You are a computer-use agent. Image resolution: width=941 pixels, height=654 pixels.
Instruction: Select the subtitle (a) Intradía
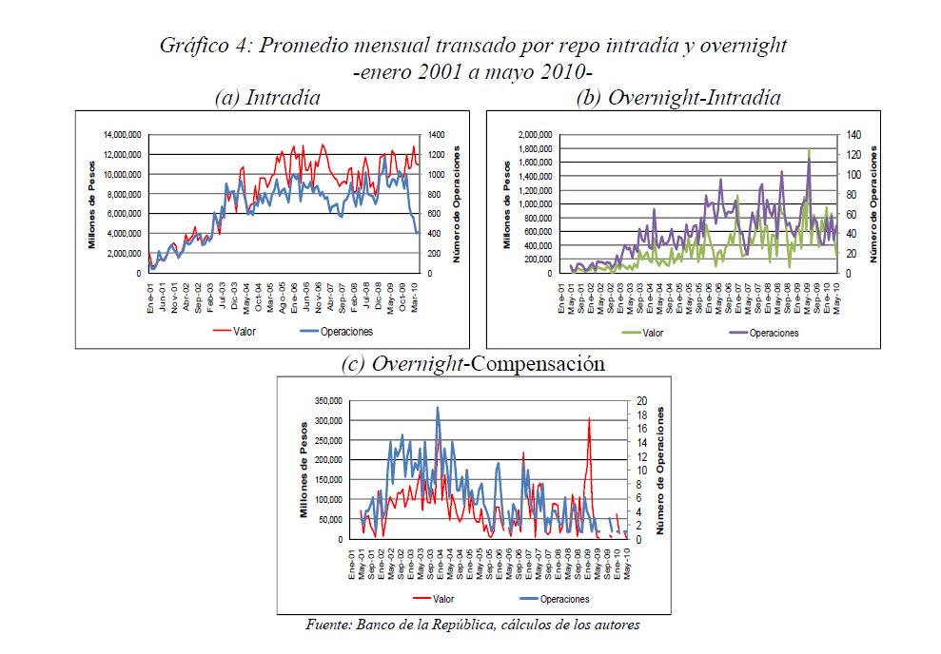[x=267, y=97]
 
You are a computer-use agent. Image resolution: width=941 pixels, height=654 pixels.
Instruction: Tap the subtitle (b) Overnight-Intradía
[x=679, y=97]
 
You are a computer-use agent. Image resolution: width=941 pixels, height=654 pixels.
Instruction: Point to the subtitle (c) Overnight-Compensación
[x=473, y=364]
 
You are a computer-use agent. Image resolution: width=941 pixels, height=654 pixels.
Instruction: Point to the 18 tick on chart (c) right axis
[x=642, y=415]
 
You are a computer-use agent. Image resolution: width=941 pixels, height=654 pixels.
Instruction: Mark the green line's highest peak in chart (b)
[x=809, y=149]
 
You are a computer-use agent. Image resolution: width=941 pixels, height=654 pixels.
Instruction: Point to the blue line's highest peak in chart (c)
[x=438, y=408]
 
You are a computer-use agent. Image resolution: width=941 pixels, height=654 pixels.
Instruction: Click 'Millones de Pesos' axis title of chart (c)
[x=305, y=471]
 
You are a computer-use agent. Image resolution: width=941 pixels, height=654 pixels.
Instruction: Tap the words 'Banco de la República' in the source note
[x=424, y=625]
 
